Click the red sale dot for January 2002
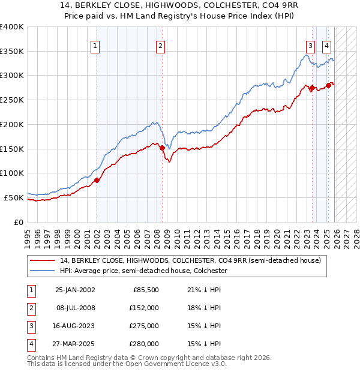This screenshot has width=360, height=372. (x=97, y=179)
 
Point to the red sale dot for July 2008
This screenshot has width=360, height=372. (x=162, y=147)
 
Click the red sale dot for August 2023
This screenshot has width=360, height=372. (x=312, y=88)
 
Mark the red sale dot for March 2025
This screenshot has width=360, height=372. (x=329, y=85)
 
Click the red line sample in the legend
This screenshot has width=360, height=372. (x=44, y=260)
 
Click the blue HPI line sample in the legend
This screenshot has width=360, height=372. (x=44, y=271)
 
